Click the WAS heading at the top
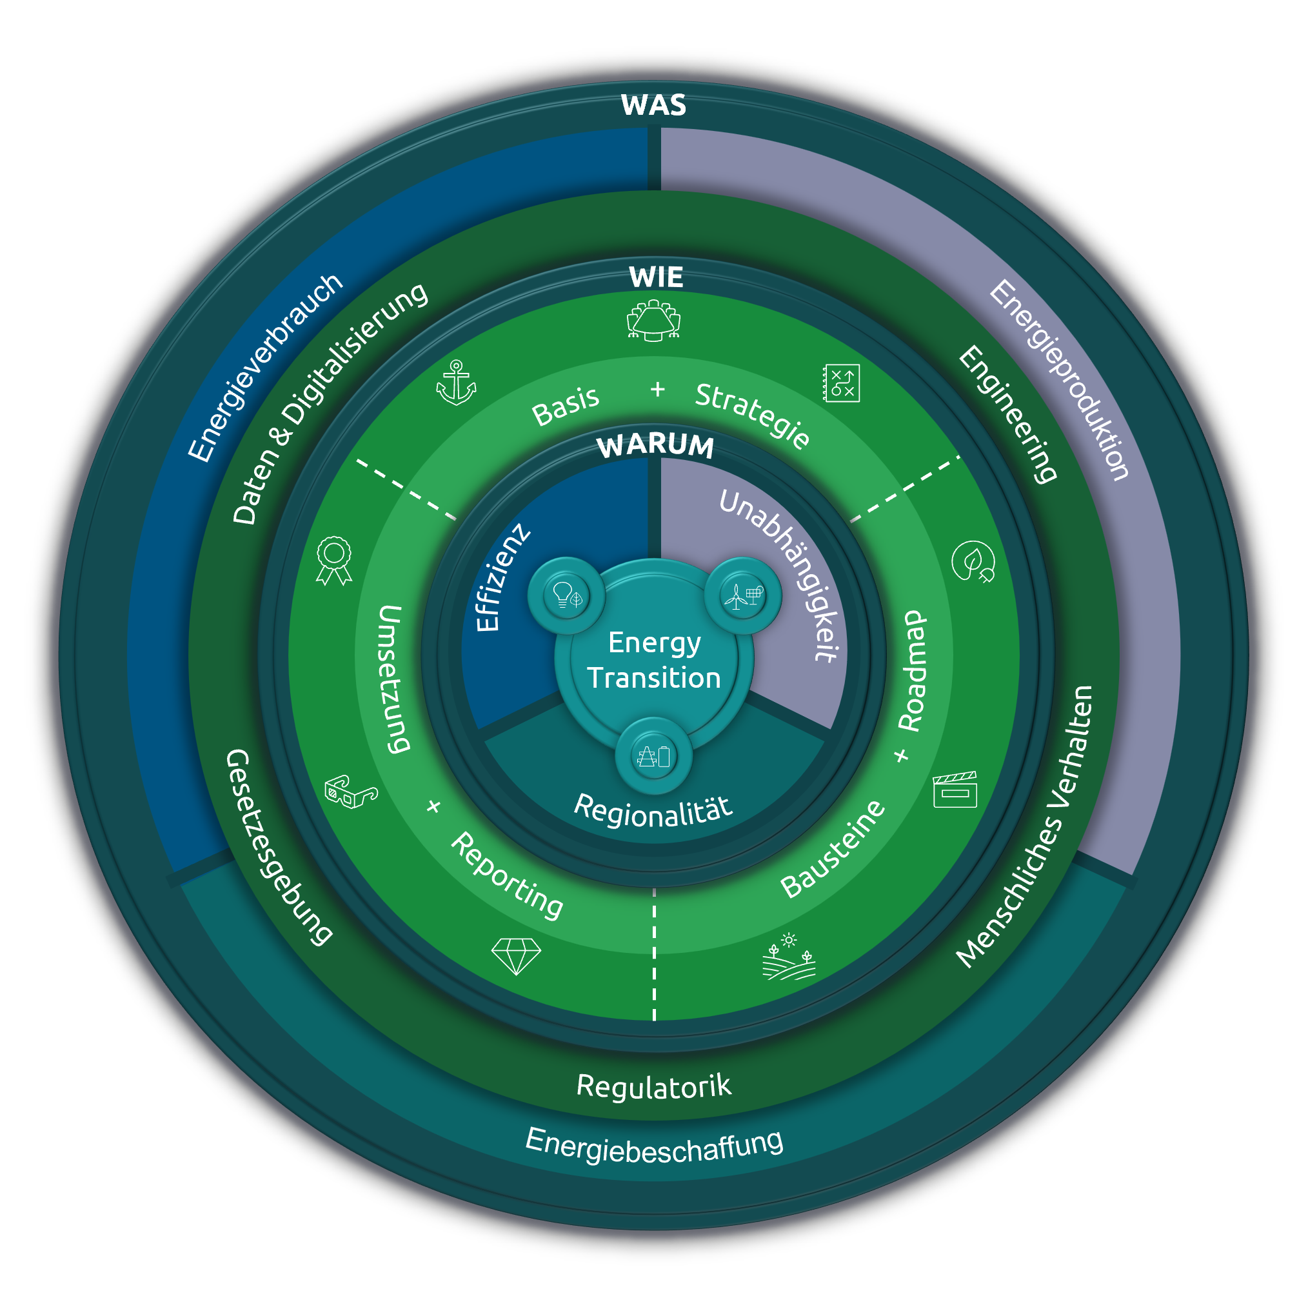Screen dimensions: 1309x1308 pyautogui.click(x=653, y=106)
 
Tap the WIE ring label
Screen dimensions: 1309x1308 pyautogui.click(x=655, y=277)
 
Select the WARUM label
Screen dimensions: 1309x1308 pyautogui.click(x=655, y=446)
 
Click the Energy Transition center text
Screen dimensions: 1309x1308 pyautogui.click(x=653, y=660)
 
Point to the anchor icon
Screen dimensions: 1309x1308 pyautogui.click(x=456, y=383)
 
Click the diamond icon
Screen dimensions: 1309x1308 pyautogui.click(x=516, y=956)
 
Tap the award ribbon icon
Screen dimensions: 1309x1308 pyautogui.click(x=334, y=559)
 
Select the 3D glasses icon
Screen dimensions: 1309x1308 pyautogui.click(x=350, y=792)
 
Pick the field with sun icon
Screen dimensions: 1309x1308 pyautogui.click(x=788, y=957)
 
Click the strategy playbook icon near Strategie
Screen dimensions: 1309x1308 pyautogui.click(x=841, y=383)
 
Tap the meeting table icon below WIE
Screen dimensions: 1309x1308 pyautogui.click(x=653, y=321)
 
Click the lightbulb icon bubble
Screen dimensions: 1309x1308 pyautogui.click(x=567, y=595)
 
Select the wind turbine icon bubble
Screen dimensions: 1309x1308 pyautogui.click(x=743, y=595)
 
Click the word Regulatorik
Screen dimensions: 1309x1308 pyautogui.click(x=653, y=1085)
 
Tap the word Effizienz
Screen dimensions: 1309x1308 pyautogui.click(x=501, y=577)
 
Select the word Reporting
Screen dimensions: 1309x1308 pyautogui.click(x=507, y=875)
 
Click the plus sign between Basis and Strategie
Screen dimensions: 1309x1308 pyautogui.click(x=657, y=390)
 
